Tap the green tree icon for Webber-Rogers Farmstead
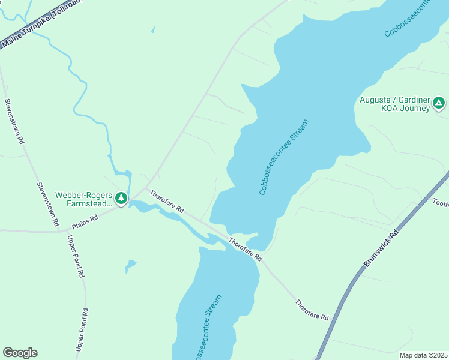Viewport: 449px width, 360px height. (x=121, y=197)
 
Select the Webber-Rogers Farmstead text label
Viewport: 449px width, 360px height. (x=84, y=199)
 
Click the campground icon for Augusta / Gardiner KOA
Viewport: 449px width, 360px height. (x=439, y=103)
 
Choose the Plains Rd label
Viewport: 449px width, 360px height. (x=85, y=222)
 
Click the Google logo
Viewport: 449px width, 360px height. (x=20, y=353)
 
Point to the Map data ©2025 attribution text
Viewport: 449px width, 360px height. (x=423, y=355)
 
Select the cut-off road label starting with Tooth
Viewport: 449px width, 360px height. (x=440, y=203)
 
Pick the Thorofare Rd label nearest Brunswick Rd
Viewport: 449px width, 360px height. (x=312, y=309)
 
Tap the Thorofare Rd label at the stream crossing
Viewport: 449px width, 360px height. (x=246, y=248)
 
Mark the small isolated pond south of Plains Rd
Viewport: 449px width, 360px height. (x=130, y=265)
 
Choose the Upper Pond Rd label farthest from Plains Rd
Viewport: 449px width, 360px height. (x=82, y=330)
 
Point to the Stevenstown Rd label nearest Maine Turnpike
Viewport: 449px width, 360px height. (x=14, y=121)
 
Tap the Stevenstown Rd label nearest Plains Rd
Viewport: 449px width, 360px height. (x=47, y=204)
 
